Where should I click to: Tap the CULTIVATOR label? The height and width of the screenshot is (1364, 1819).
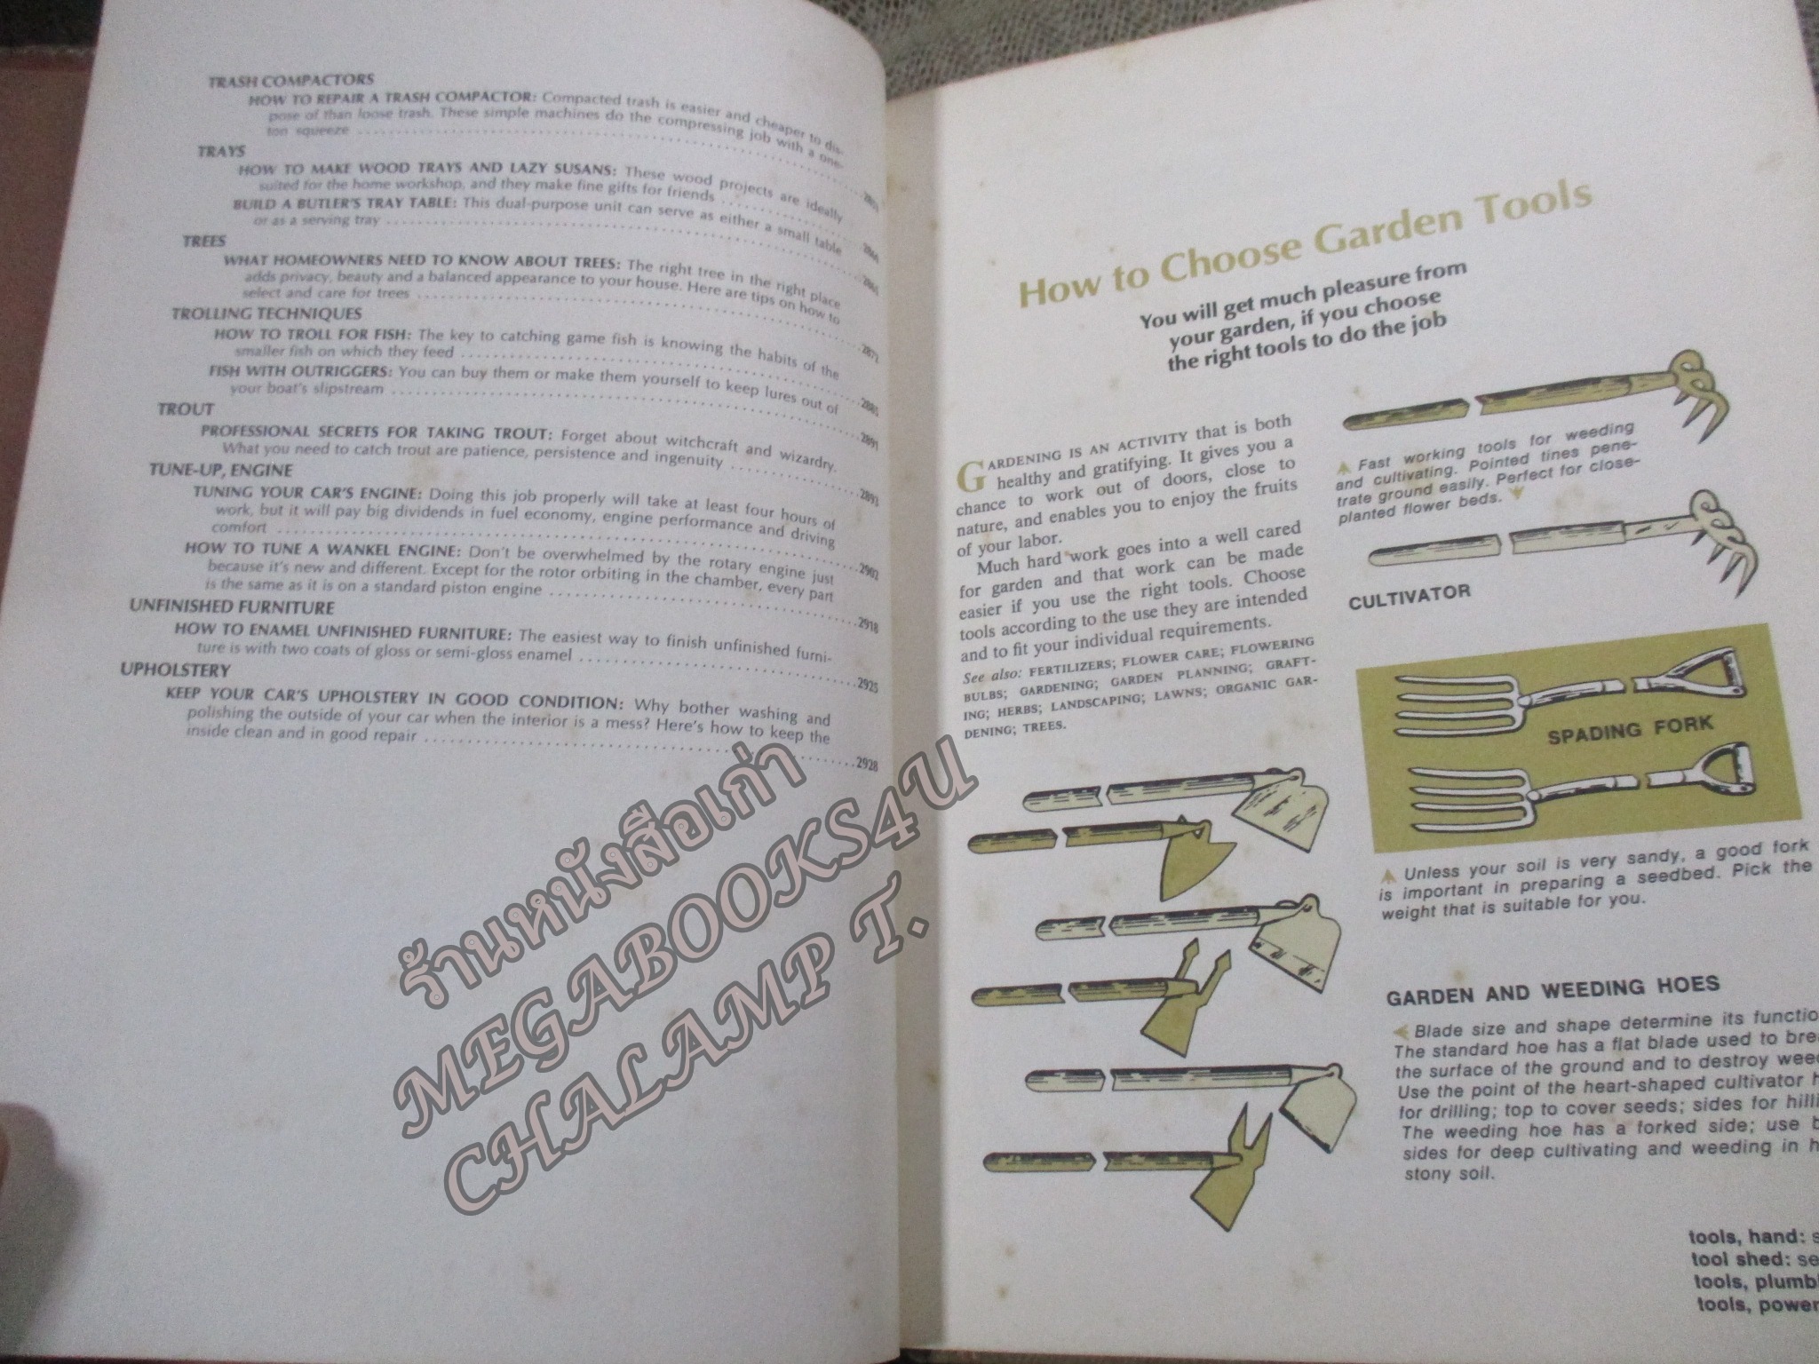[1409, 594]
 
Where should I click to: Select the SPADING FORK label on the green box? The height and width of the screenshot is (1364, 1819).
[1630, 728]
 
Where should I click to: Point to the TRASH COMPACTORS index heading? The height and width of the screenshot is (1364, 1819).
[290, 82]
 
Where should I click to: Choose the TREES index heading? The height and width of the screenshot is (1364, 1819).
[204, 242]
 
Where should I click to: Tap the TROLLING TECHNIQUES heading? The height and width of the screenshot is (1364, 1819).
[266, 313]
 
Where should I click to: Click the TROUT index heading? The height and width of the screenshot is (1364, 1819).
[186, 409]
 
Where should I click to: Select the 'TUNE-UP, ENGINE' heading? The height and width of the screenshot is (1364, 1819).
[221, 470]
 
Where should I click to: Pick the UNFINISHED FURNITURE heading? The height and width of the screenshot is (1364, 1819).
[232, 608]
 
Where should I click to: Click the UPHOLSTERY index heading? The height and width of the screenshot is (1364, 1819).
[176, 670]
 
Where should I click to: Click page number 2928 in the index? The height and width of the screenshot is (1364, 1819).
[866, 764]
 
